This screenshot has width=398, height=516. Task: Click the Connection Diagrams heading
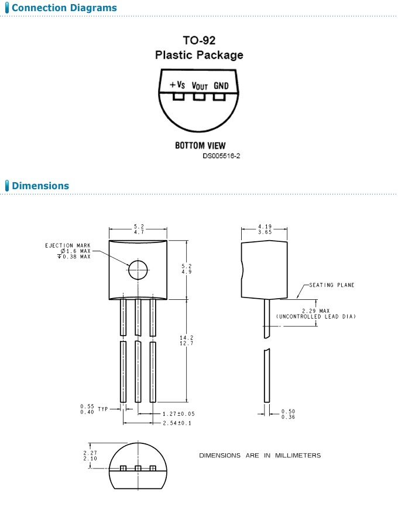(64, 8)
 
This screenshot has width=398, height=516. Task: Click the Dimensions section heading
(40, 186)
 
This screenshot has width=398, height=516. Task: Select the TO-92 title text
(199, 41)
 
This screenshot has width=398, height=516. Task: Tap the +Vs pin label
(177, 85)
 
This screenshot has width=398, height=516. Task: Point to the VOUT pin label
(200, 86)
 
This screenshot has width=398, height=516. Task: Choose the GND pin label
(221, 86)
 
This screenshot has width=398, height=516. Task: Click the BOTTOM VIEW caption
(200, 145)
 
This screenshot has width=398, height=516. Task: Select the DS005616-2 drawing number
(222, 156)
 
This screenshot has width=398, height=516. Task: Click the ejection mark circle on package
(139, 270)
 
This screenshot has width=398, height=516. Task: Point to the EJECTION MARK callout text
(68, 245)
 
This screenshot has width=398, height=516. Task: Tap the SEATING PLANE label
(332, 285)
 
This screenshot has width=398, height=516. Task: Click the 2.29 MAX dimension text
(315, 310)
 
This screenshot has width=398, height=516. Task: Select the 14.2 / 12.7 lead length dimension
(187, 340)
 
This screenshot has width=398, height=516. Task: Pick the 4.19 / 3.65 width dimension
(265, 229)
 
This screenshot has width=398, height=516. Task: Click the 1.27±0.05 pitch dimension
(179, 414)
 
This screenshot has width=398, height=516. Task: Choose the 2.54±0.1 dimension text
(177, 423)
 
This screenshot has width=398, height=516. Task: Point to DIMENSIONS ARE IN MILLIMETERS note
(260, 456)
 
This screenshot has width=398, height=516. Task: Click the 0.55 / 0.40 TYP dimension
(94, 409)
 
